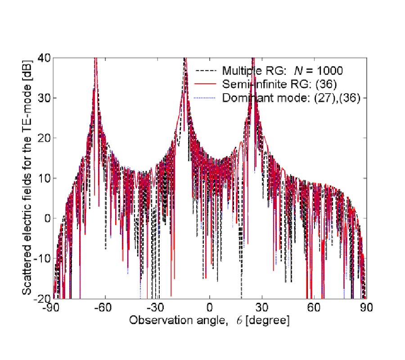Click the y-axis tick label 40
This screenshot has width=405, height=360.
click(45, 58)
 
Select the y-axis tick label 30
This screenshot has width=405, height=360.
click(45, 98)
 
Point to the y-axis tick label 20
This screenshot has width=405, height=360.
click(45, 138)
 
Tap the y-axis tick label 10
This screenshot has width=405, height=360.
click(45, 178)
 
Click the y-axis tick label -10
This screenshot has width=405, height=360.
click(43, 258)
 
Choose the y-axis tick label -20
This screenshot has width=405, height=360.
click(43, 298)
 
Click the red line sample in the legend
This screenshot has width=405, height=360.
click(206, 84)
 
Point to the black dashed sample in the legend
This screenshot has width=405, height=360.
click(206, 71)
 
